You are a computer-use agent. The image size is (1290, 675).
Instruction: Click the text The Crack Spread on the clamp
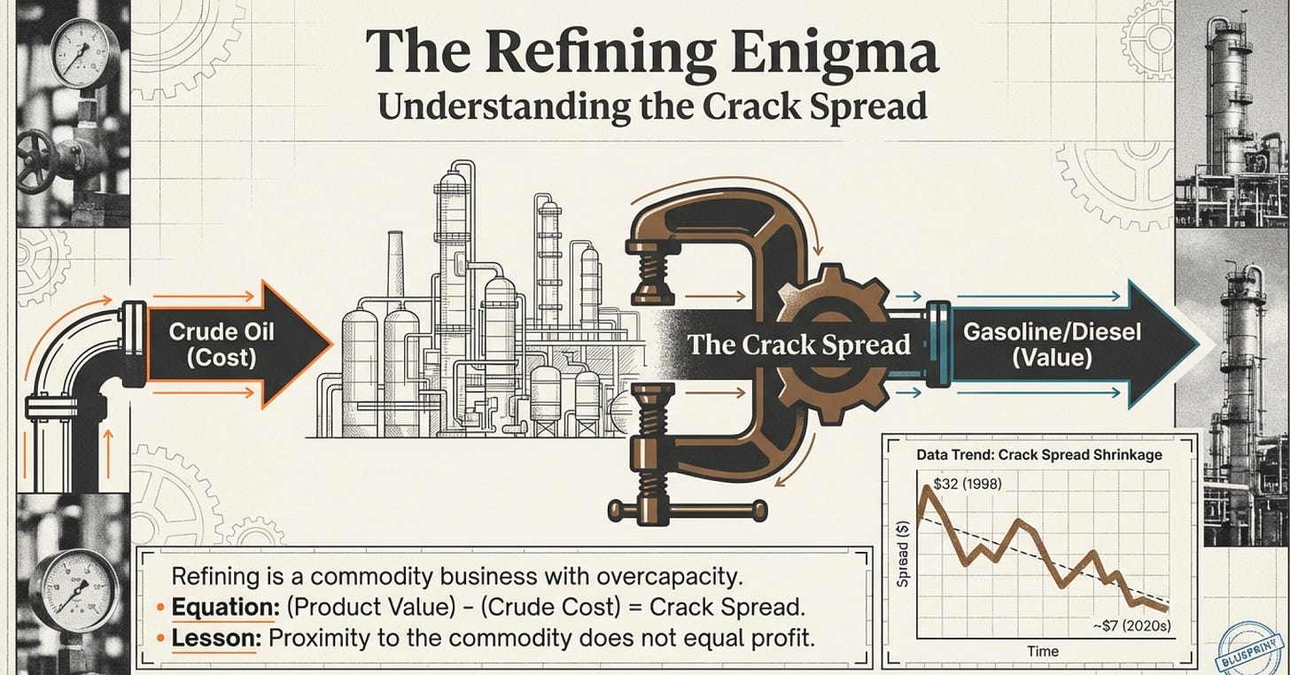point(798,344)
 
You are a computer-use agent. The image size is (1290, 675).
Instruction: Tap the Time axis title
point(1042,652)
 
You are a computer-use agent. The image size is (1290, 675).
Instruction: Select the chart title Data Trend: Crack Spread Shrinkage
point(1038,455)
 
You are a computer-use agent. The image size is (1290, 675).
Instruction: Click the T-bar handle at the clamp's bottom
point(688,509)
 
